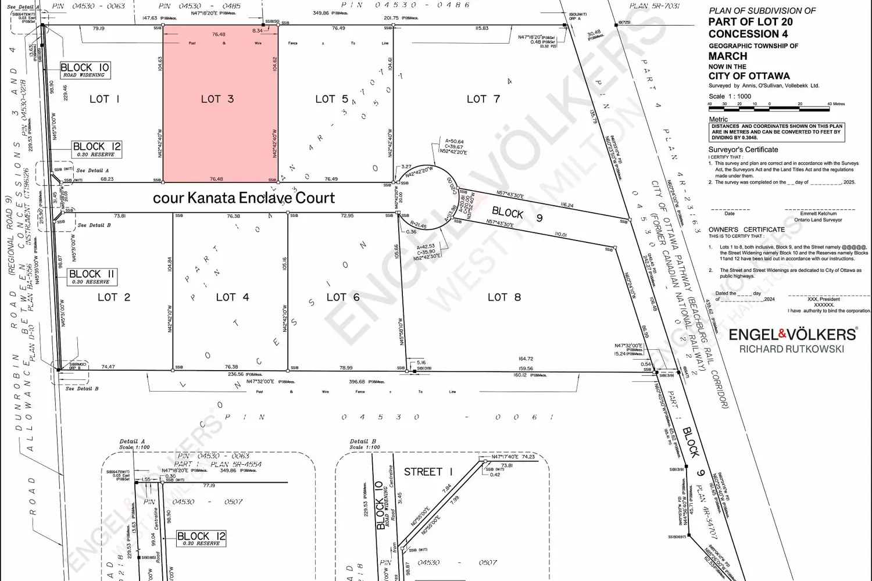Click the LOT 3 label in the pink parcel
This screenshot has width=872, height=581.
217,99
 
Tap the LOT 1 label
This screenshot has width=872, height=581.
105,99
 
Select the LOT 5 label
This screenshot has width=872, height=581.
331,99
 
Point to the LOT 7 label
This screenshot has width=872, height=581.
483,99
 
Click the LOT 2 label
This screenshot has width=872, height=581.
114,297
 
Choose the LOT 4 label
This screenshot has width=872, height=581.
233,297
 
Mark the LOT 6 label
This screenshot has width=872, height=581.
343,297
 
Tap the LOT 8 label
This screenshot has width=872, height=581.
504,297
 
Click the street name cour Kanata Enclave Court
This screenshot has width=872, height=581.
244,198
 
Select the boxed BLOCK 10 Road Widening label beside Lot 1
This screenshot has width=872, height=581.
84,70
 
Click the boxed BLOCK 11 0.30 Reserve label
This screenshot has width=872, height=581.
92,277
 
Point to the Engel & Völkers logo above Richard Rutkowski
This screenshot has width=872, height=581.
792,334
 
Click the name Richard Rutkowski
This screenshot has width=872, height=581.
791,349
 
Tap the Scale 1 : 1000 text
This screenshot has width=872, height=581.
730,96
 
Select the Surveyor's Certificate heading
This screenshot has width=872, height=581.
744,150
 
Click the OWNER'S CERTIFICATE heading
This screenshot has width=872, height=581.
746,229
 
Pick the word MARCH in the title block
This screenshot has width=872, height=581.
728,56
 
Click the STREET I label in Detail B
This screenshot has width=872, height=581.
428,472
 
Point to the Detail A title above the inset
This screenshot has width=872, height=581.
132,442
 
